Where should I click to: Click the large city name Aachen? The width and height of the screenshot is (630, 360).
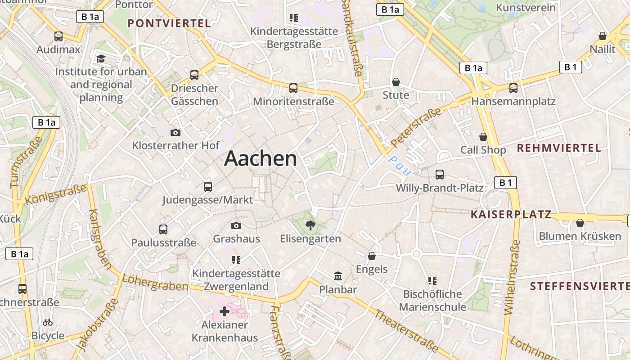pos(261,158)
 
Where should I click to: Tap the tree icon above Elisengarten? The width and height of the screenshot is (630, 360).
pos(310,225)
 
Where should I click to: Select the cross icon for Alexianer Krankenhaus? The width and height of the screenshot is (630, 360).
pos(224,311)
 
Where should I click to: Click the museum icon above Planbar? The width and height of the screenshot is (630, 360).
pos(337,276)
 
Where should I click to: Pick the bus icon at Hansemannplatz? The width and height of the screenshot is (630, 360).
pos(513,88)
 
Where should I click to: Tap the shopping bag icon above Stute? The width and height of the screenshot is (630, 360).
pos(396,82)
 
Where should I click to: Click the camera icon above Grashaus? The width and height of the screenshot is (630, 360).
pos(236,225)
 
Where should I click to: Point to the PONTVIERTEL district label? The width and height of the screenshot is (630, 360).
pos(169,23)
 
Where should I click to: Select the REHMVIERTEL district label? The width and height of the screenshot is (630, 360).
pos(558,148)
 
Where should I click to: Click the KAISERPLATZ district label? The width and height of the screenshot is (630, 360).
pos(511,215)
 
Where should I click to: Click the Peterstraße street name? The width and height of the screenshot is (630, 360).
pos(416,127)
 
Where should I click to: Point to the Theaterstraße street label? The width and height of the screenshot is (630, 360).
pos(406,331)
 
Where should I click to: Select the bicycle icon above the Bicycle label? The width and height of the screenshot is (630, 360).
pos(48,322)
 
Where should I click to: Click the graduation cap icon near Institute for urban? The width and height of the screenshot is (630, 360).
pos(101,59)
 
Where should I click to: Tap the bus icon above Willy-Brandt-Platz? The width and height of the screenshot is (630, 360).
pos(440,175)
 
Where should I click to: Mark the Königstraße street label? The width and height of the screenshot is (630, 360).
pos(56,194)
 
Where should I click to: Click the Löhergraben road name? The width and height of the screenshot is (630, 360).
pos(155,283)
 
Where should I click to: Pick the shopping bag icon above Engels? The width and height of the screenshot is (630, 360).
pos(372,256)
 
